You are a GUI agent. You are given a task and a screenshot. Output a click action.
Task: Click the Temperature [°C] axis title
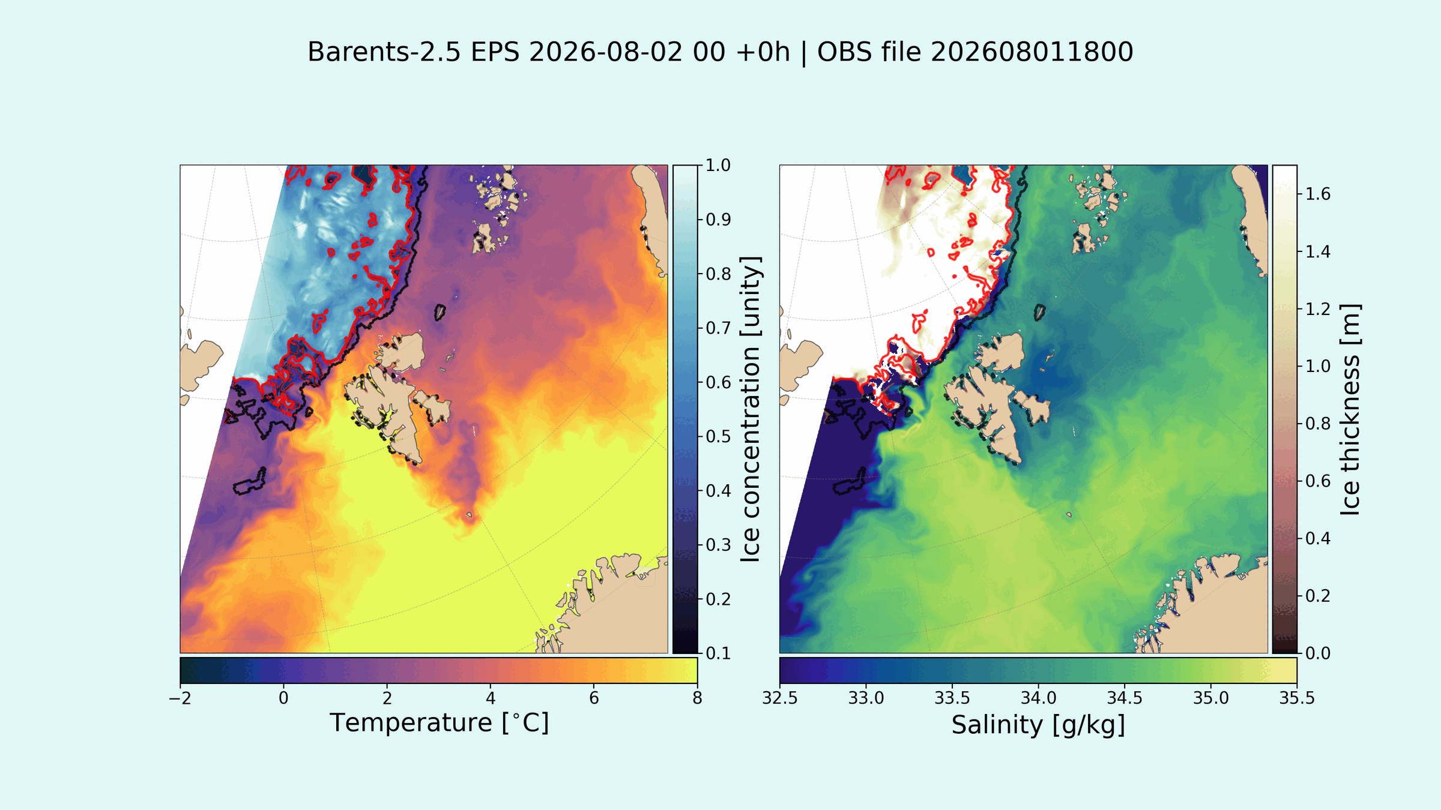439,723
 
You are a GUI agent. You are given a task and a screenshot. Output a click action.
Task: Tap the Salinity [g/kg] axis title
1038,725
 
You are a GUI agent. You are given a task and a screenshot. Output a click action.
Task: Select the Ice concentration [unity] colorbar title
750,409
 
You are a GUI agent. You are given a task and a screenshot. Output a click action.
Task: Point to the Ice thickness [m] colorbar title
1350,409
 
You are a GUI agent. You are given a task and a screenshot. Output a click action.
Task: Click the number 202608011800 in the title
1032,52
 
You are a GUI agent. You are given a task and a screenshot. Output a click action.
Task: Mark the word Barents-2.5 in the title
384,52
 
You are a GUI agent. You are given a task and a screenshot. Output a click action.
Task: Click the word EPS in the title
495,52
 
